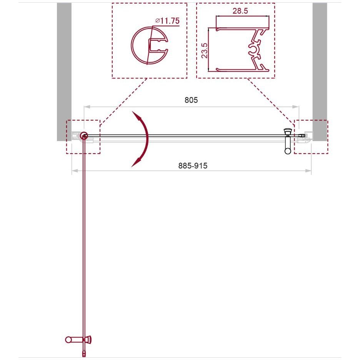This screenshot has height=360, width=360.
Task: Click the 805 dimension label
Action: [x=191, y=100]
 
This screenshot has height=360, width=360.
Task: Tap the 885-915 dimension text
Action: [x=193, y=165]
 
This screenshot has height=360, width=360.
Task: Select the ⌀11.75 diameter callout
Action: [x=167, y=21]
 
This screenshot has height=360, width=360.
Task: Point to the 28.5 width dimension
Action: [x=240, y=11]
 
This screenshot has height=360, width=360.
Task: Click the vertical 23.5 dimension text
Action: [x=204, y=50]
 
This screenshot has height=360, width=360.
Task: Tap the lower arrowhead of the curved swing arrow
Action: [x=136, y=162]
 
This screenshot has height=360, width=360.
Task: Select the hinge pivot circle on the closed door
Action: [x=84, y=136]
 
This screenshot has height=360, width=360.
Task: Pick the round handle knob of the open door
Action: [x=68, y=340]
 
